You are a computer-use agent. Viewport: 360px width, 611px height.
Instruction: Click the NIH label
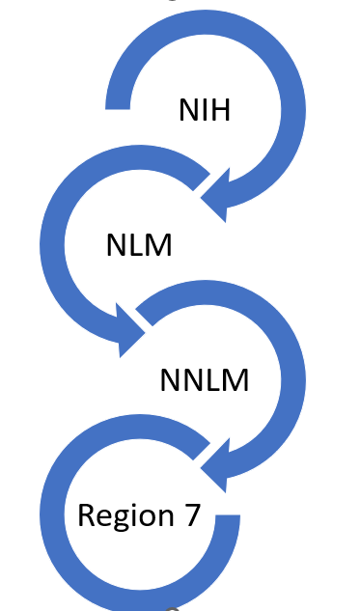click(x=204, y=110)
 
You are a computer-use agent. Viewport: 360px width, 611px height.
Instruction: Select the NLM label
click(x=139, y=245)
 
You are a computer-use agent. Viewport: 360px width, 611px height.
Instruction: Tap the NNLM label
click(x=204, y=380)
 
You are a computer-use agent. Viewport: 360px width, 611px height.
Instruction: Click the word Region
click(x=124, y=516)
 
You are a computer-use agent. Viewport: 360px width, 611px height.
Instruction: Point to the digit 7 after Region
click(x=191, y=514)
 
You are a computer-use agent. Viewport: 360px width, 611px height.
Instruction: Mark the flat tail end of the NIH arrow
click(x=118, y=94)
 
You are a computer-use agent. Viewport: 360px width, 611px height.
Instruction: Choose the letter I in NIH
click(x=204, y=110)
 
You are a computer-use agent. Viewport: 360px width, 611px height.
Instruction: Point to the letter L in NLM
click(x=136, y=245)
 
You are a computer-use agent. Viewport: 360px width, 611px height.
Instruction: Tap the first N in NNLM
click(x=169, y=380)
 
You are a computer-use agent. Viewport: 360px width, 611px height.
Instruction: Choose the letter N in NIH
click(x=187, y=110)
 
